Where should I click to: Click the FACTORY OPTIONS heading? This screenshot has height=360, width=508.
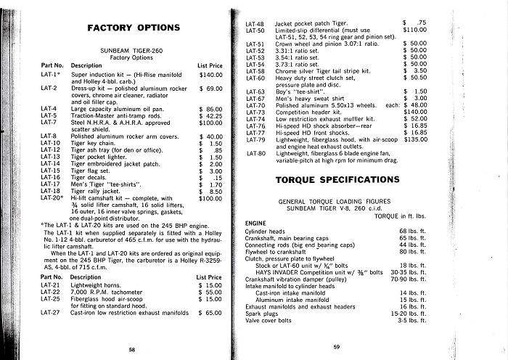tap(133, 28)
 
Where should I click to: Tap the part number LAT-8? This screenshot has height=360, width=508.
tap(49, 136)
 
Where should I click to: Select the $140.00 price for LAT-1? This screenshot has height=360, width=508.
tap(210, 75)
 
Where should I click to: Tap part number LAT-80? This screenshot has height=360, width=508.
tap(255, 154)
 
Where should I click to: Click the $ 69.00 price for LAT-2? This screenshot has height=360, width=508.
tap(210, 88)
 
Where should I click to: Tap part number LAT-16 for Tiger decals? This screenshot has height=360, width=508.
tap(49, 178)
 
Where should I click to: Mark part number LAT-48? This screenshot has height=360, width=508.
tap(255, 23)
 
